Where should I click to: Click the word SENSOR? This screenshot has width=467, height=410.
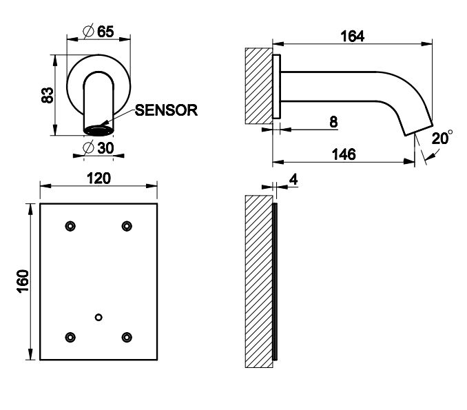(x=166, y=110)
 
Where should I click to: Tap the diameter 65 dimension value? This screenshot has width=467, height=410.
(x=98, y=31)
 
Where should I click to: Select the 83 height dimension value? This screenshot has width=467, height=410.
(x=48, y=95)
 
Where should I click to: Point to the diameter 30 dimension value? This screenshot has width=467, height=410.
(x=98, y=148)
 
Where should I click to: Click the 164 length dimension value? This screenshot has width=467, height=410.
(x=353, y=37)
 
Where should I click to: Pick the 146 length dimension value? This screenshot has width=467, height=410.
(x=344, y=154)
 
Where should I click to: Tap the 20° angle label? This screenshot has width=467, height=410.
(x=442, y=138)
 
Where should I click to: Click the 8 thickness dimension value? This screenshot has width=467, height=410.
(x=333, y=122)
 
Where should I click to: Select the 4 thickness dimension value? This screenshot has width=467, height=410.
(x=293, y=179)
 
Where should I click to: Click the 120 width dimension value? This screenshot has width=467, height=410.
(x=98, y=178)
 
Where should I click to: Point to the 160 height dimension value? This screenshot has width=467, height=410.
(x=23, y=282)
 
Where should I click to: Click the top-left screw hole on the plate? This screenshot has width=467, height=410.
(x=70, y=226)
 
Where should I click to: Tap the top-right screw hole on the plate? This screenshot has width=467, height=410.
(x=127, y=226)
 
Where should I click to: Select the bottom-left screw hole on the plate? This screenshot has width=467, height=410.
(x=70, y=337)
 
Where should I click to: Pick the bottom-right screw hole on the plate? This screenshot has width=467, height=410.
(x=127, y=337)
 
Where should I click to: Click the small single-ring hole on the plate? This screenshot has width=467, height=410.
(x=98, y=318)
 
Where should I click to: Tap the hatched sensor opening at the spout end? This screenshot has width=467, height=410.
(x=98, y=131)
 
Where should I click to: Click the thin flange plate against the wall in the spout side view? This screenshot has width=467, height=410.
(x=277, y=86)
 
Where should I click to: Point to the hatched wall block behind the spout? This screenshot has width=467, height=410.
(x=259, y=86)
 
